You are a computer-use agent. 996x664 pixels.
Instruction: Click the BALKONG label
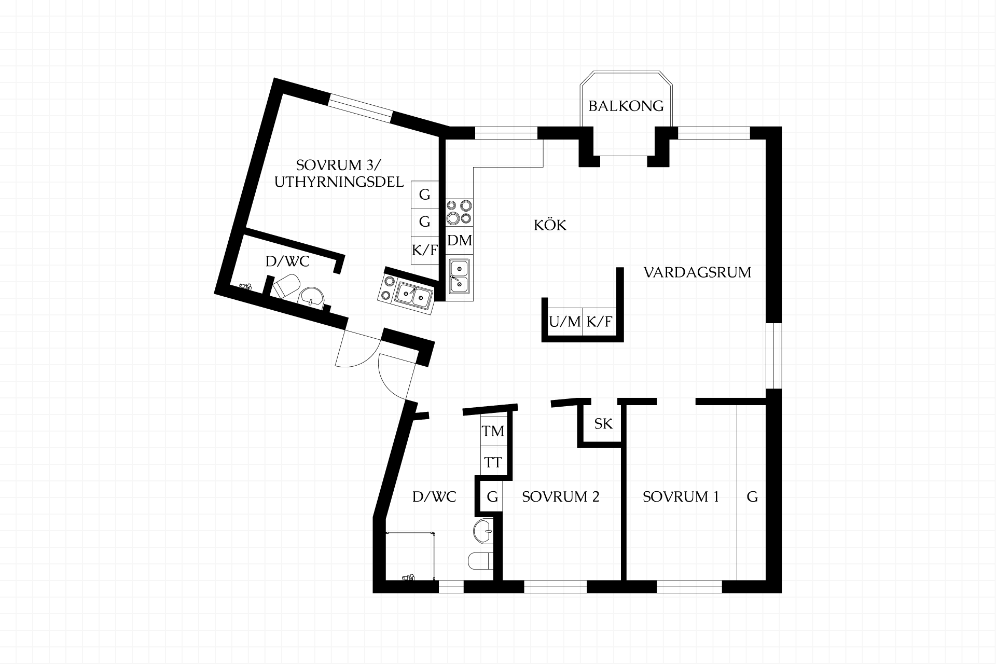point(626,106)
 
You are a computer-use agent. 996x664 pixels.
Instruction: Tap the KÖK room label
point(550,225)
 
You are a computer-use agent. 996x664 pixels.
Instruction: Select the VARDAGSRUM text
point(697,272)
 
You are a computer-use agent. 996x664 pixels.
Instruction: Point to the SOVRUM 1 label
point(681,496)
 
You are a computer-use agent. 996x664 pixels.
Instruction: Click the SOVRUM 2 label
point(560,496)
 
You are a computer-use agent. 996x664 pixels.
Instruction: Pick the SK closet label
point(603,424)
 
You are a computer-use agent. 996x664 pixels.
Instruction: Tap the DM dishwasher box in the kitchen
point(460,241)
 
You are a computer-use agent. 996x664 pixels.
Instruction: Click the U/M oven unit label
point(565,322)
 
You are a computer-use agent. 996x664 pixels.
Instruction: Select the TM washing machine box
point(493,431)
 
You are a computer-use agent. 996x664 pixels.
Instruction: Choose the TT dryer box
point(493,461)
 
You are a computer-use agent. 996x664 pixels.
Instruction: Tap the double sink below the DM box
point(460,276)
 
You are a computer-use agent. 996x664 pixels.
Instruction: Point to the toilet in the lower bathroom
point(481,561)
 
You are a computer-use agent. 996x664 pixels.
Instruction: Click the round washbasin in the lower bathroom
point(483,531)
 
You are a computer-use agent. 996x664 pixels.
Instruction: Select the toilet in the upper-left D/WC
point(285,286)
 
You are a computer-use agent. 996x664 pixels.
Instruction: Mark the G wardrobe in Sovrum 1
point(752,497)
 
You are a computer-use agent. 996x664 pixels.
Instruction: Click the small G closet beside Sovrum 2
point(492,497)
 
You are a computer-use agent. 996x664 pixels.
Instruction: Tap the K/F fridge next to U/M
point(599,322)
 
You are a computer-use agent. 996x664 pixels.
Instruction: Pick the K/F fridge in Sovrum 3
point(425,250)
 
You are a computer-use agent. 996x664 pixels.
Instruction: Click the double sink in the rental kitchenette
point(413,295)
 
